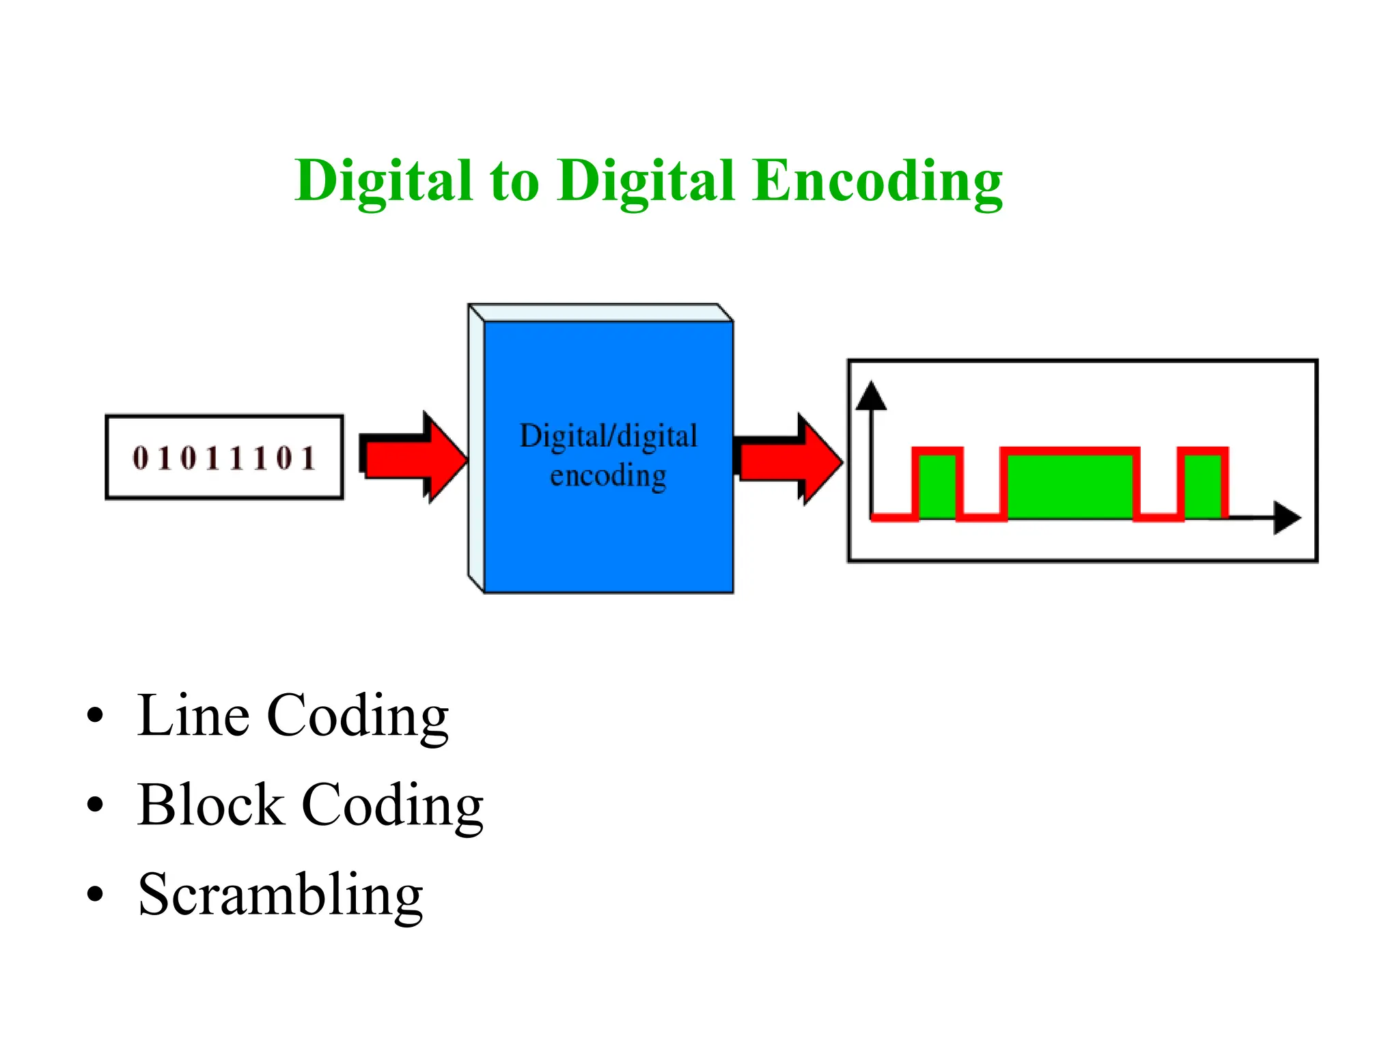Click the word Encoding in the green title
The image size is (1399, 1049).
pyautogui.click(x=877, y=181)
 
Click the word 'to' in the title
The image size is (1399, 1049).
pyautogui.click(x=514, y=182)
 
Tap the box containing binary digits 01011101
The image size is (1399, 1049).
pyautogui.click(x=224, y=457)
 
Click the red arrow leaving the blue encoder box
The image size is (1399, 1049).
pyautogui.click(x=790, y=460)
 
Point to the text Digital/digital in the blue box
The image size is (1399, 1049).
pyautogui.click(x=608, y=436)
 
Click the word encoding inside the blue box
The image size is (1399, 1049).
pyautogui.click(x=608, y=476)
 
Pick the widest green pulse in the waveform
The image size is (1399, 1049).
pyautogui.click(x=1070, y=486)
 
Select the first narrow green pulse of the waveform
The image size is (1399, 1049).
pyautogui.click(x=937, y=486)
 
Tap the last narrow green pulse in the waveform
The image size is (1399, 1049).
pyautogui.click(x=1202, y=486)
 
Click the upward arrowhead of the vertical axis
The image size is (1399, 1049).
pyautogui.click(x=871, y=397)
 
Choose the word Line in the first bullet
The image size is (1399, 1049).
pyautogui.click(x=193, y=716)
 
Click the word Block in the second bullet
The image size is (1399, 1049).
pyautogui.click(x=210, y=805)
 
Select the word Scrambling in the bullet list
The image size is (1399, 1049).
pyautogui.click(x=280, y=895)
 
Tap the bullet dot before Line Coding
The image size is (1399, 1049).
pyautogui.click(x=95, y=716)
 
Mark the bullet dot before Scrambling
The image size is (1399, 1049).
pyautogui.click(x=95, y=894)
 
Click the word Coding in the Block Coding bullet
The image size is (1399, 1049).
pyautogui.click(x=392, y=807)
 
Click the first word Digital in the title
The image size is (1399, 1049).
pyautogui.click(x=383, y=182)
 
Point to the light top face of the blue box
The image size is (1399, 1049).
pyautogui.click(x=601, y=313)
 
